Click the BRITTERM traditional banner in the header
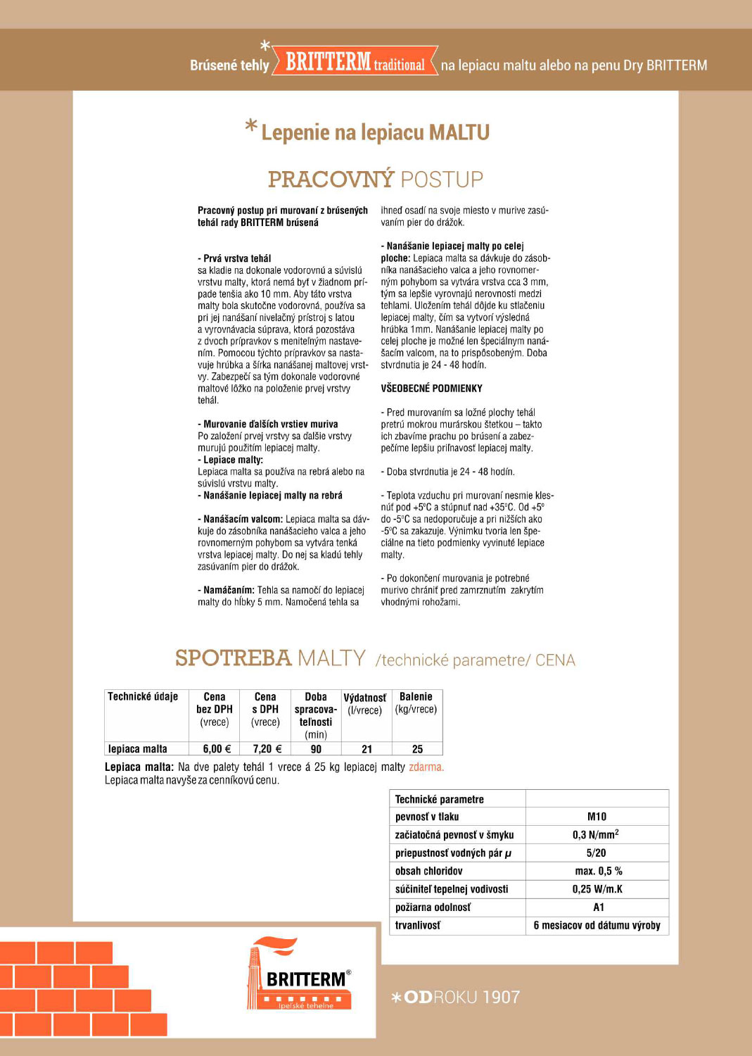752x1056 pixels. click(355, 63)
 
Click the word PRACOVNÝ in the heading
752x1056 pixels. click(331, 180)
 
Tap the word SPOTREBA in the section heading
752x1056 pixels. click(233, 658)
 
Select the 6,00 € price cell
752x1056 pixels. click(217, 749)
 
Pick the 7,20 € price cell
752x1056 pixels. click(267, 749)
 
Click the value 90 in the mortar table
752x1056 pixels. click(316, 749)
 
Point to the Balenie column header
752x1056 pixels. click(416, 703)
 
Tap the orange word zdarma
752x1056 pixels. click(426, 767)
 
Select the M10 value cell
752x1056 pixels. click(597, 817)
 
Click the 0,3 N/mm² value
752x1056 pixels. click(596, 835)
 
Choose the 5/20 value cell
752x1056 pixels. click(596, 853)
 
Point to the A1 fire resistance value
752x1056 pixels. click(598, 907)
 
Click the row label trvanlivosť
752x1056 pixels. click(418, 926)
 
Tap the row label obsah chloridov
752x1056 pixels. click(428, 872)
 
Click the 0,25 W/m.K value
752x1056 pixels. click(597, 889)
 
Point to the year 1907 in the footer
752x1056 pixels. click(502, 997)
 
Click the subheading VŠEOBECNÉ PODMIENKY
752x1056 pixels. click(431, 389)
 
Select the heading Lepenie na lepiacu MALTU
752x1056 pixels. click(375, 132)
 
